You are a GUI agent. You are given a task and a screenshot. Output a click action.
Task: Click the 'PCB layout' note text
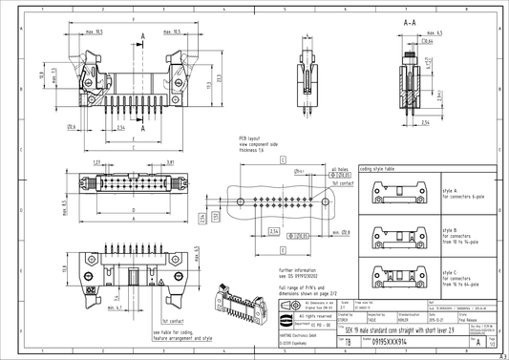click(252, 138)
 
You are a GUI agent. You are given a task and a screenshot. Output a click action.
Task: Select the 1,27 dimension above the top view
click(98, 162)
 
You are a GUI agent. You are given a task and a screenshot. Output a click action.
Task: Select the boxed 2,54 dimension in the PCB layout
click(273, 231)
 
